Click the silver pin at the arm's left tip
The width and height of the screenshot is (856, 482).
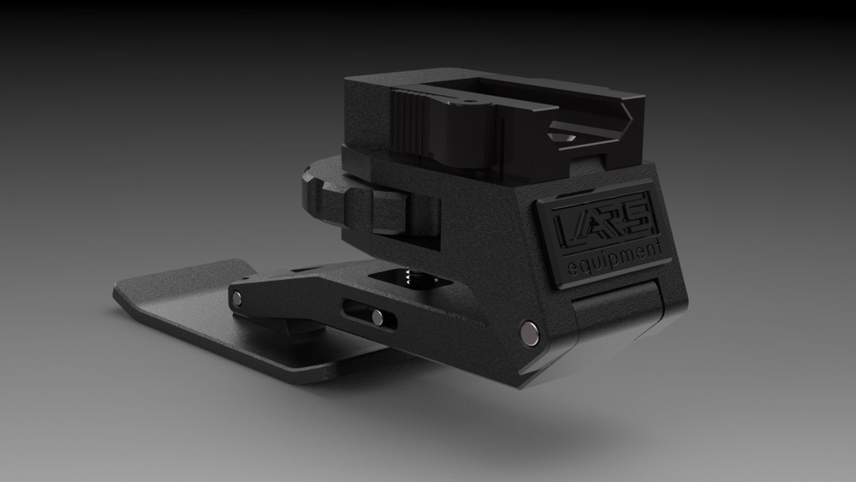pyautogui.click(x=237, y=297)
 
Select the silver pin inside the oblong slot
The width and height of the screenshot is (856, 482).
pyautogui.click(x=377, y=317)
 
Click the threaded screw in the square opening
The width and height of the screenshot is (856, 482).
pyautogui.click(x=409, y=277)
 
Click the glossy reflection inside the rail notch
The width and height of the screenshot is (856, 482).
pyautogui.click(x=565, y=137)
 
